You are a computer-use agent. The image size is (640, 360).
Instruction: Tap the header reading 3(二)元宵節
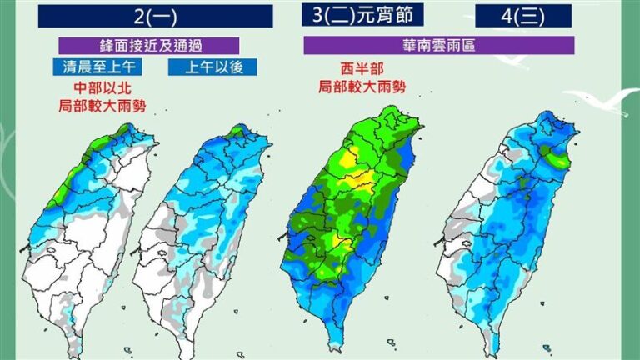(x=362, y=15)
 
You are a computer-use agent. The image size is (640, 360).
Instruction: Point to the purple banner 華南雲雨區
(x=438, y=45)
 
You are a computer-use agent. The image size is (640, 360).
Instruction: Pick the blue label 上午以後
(x=201, y=67)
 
